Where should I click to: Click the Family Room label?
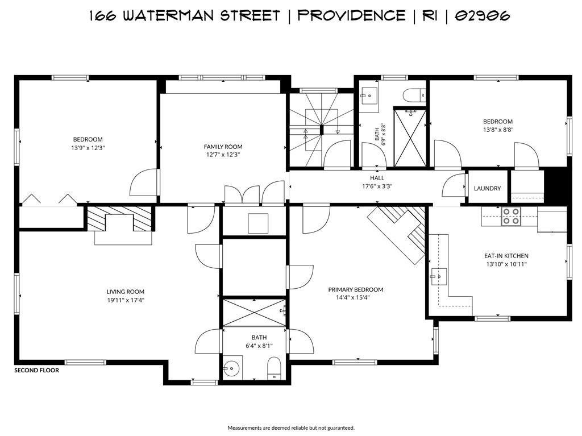[223, 147]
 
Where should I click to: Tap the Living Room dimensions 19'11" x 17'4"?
[126, 300]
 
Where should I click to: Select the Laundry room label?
[487, 188]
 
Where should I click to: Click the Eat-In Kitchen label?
[506, 256]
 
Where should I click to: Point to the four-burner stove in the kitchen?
[510, 216]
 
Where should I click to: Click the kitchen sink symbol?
[439, 276]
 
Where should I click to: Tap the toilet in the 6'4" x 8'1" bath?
[274, 368]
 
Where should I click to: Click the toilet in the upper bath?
[414, 95]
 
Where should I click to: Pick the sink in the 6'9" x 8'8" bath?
[369, 96]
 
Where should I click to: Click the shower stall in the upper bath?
[410, 138]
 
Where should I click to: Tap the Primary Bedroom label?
[356, 290]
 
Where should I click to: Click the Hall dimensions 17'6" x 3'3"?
[377, 186]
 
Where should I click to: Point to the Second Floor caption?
[37, 370]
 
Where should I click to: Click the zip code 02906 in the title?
[483, 15]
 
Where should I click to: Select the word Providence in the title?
[351, 15]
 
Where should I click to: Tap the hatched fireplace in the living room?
[119, 219]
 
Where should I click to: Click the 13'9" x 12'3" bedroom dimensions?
[88, 148]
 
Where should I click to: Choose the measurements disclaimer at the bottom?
[291, 428]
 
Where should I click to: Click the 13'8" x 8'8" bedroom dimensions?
[498, 130]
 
